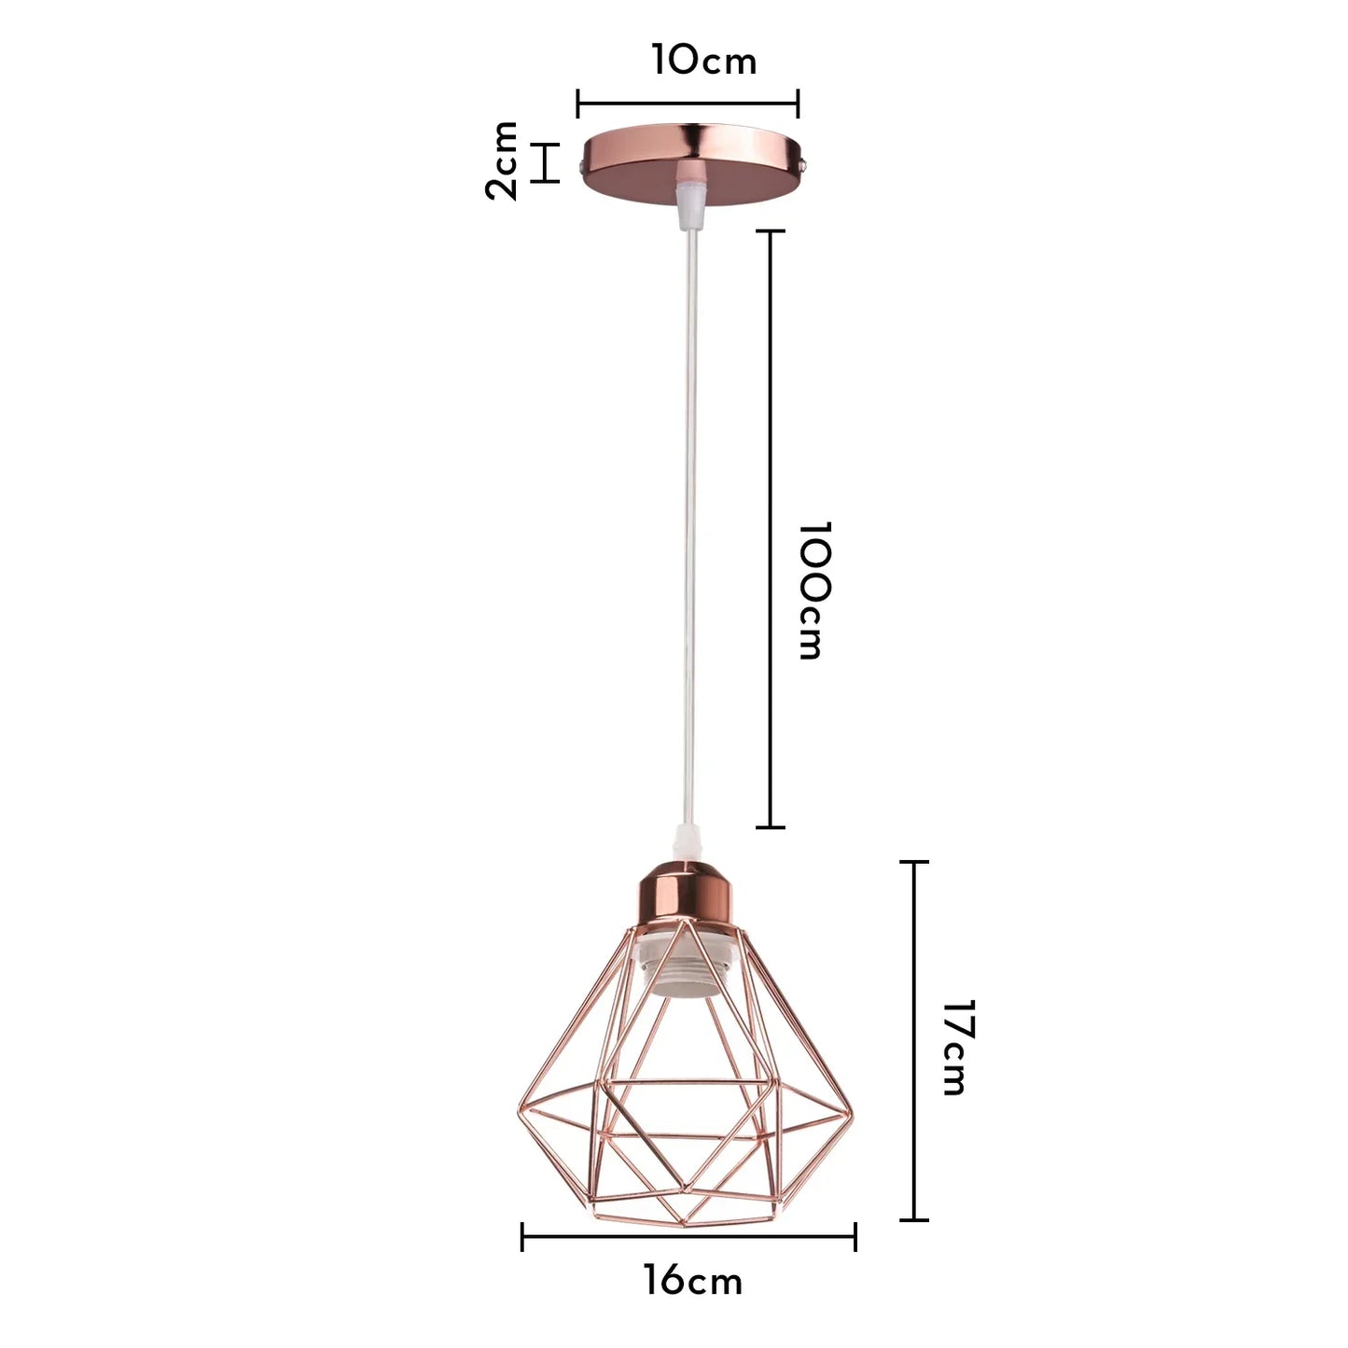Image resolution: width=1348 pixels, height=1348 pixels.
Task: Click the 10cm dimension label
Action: tap(703, 61)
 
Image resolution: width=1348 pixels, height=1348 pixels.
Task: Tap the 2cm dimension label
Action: tap(502, 160)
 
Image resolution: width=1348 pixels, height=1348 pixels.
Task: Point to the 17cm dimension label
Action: tap(957, 1047)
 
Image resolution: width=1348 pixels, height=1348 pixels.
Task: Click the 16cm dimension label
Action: tap(692, 1280)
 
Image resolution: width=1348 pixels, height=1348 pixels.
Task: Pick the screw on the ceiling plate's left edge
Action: tap(582, 169)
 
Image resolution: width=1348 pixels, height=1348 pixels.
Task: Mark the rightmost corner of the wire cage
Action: tap(852, 1112)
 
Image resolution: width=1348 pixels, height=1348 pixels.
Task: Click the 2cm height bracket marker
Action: tap(545, 162)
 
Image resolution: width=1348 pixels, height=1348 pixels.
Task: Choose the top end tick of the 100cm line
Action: tap(770, 230)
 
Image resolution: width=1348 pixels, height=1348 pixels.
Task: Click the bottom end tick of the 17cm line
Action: tap(913, 1218)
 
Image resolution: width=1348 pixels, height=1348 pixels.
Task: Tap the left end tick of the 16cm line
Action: tap(522, 1237)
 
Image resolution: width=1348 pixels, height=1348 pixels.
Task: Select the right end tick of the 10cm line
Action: tap(798, 104)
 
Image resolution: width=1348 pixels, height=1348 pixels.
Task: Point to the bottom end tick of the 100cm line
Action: tap(770, 827)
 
